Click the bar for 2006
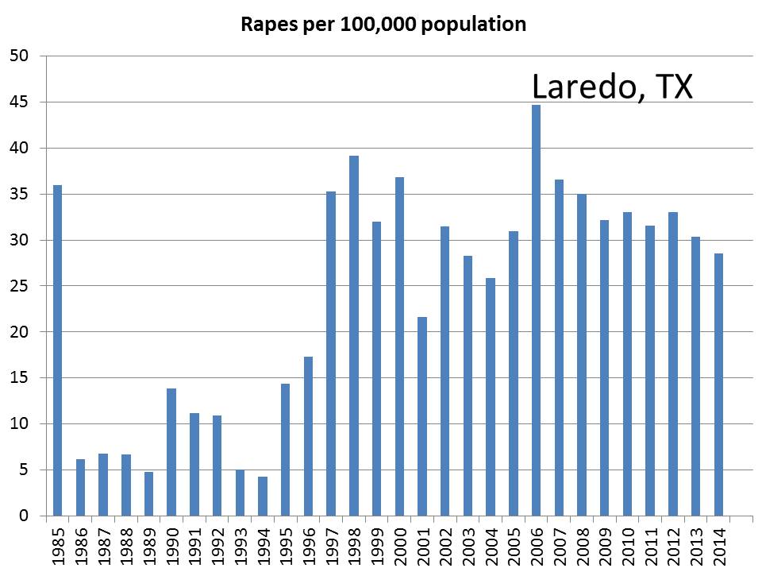tap(536, 310)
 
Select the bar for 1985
tap(57, 350)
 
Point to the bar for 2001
tap(422, 416)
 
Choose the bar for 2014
tap(718, 385)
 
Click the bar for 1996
tap(308, 436)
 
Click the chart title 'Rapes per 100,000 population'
tap(383, 25)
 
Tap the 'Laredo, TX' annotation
tap(611, 87)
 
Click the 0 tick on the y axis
tap(24, 516)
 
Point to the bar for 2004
tap(491, 396)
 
